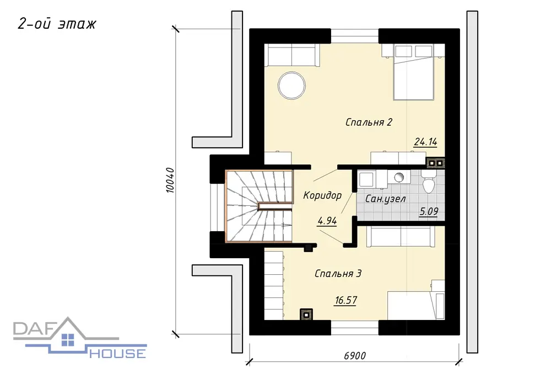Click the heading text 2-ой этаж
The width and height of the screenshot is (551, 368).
(57, 24)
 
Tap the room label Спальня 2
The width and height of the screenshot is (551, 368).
(369, 122)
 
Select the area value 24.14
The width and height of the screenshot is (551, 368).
(425, 142)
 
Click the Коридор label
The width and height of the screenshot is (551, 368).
(322, 195)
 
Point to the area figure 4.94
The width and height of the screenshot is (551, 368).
(327, 221)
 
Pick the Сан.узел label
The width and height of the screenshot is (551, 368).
(386, 199)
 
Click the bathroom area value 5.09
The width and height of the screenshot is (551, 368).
(429, 211)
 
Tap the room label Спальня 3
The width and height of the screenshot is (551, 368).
(338, 273)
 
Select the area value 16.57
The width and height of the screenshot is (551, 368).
(346, 300)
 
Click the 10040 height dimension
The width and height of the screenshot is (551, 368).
(170, 180)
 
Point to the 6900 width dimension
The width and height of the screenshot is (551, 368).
(355, 356)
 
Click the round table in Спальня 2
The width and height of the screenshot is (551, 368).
(291, 86)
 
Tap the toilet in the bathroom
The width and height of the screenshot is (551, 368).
(428, 182)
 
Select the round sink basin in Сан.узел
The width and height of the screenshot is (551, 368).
(399, 177)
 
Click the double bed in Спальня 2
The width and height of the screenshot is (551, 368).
(414, 72)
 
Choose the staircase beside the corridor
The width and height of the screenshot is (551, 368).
(259, 206)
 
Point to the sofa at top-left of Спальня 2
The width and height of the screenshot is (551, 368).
(291, 55)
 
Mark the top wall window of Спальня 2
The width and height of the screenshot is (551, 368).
(354, 36)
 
